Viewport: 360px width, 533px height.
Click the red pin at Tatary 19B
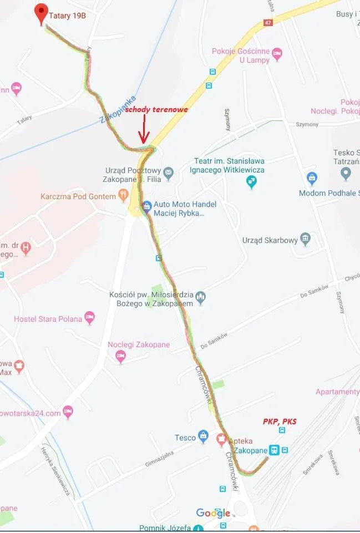click(40, 13)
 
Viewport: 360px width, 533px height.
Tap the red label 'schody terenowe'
click(156, 110)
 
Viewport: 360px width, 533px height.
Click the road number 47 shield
click(268, 23)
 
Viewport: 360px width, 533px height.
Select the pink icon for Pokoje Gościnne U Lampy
click(277, 54)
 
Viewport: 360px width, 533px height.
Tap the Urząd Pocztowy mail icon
click(169, 171)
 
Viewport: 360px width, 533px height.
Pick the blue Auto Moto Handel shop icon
click(146, 207)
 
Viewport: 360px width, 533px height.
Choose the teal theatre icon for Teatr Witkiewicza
click(252, 181)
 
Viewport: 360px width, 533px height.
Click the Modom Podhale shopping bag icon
click(312, 179)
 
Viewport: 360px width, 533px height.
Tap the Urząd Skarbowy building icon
click(305, 240)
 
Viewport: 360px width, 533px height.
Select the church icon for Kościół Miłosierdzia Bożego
click(201, 298)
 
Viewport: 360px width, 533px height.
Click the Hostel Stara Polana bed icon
click(89, 318)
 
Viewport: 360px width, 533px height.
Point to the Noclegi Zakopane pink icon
click(120, 356)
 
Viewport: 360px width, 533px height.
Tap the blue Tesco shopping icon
click(203, 437)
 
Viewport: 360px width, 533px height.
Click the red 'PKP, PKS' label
click(280, 422)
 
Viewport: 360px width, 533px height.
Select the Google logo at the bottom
click(213, 513)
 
